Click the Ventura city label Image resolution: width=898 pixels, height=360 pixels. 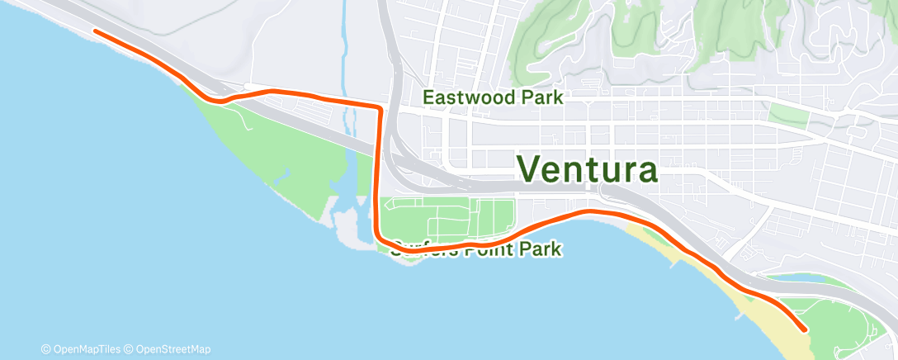[588, 168]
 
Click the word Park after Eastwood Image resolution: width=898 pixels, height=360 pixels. [540, 97]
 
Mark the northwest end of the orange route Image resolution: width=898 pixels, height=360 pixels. [96, 31]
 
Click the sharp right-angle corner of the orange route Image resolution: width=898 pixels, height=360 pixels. [379, 108]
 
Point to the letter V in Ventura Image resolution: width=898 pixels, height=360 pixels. [533, 168]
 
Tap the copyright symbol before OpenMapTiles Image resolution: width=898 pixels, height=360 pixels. [45, 349]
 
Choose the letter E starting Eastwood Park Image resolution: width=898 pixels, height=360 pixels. [428, 97]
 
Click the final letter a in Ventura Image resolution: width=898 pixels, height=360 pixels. [645, 170]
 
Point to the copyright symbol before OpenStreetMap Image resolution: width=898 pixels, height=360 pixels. [130, 349]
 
